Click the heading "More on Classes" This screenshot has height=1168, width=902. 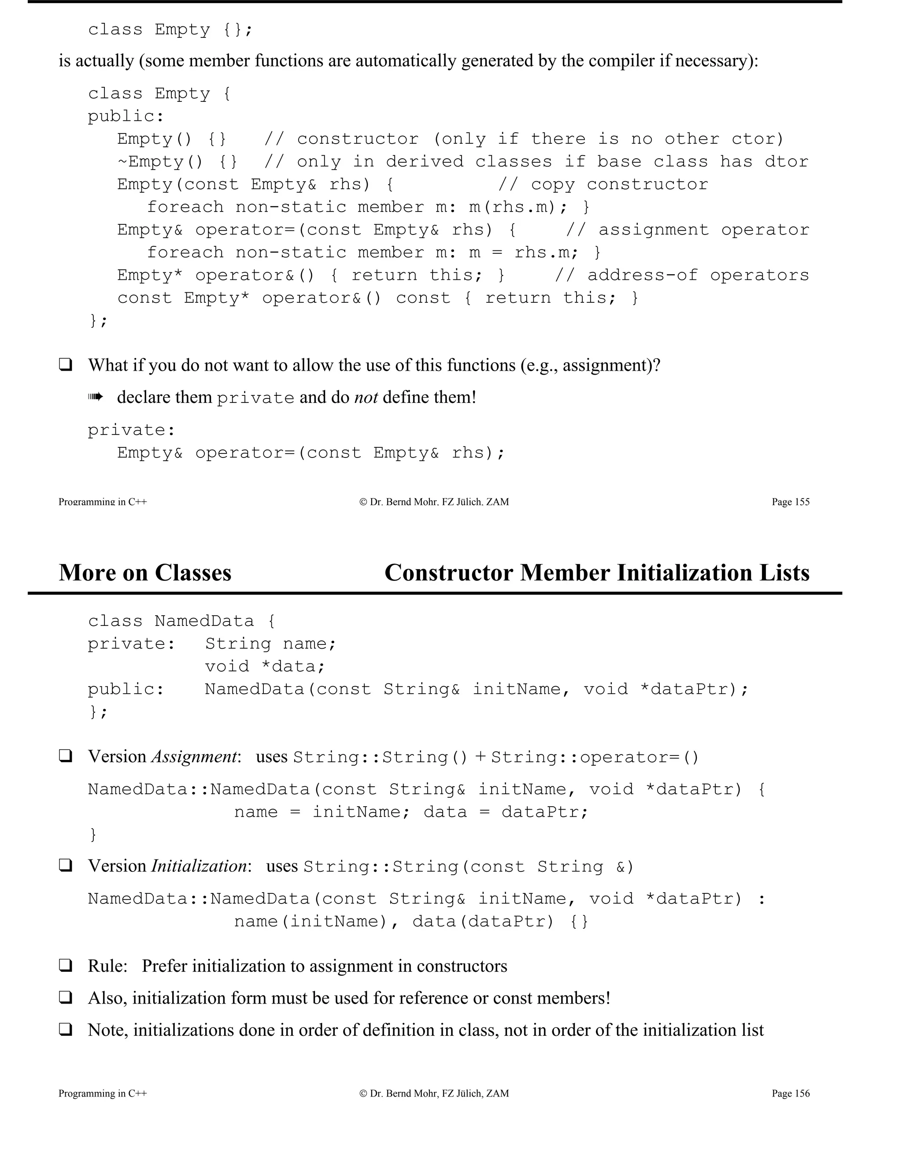[x=145, y=573]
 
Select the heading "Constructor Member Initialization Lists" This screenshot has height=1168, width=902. [x=596, y=573]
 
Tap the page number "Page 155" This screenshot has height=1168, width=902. [x=790, y=502]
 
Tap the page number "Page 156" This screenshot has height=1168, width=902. [x=790, y=1094]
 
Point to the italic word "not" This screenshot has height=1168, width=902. [x=366, y=398]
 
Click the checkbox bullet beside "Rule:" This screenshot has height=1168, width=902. [x=66, y=965]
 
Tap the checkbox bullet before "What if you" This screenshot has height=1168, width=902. [x=66, y=365]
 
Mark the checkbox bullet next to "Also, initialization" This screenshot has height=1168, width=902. [x=66, y=997]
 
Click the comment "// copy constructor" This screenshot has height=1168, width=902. [x=603, y=185]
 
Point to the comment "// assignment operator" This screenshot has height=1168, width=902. [x=687, y=230]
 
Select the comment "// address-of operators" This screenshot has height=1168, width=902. [x=682, y=275]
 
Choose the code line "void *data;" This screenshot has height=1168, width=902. [x=265, y=666]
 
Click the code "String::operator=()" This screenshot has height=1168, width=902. [x=595, y=757]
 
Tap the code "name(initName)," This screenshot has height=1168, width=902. [x=316, y=922]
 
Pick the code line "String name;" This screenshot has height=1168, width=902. [x=270, y=644]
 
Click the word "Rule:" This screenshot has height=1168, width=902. [x=107, y=966]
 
